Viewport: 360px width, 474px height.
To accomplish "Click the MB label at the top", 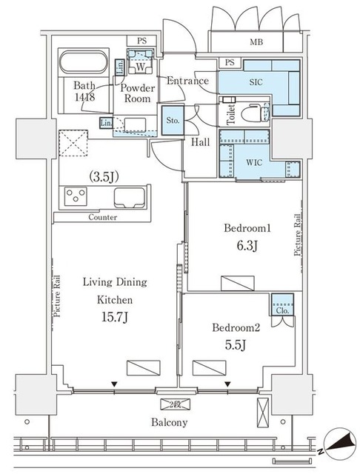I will tap(256, 43).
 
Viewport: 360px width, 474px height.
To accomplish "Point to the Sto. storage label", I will tap(172, 118).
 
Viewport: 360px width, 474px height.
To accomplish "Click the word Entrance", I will tap(187, 81).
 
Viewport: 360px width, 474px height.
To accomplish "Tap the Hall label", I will tap(199, 142).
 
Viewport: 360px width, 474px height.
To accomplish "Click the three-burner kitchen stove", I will tap(76, 196).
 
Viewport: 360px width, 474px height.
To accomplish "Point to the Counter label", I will tap(103, 218).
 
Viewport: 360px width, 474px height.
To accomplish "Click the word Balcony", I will tap(170, 423).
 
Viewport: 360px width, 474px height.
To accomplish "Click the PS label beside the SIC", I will tap(230, 63).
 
